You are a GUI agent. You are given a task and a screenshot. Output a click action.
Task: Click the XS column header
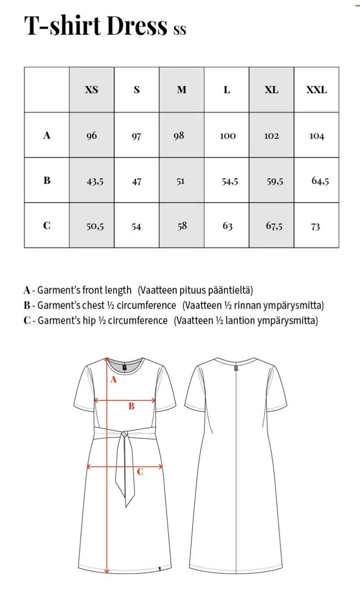coord(92,90)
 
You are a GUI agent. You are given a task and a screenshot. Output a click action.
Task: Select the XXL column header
coord(316,90)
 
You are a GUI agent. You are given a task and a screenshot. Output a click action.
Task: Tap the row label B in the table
coord(47,181)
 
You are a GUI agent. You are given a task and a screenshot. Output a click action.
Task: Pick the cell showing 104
coord(317,136)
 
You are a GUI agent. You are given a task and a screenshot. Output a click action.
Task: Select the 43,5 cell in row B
coord(95,182)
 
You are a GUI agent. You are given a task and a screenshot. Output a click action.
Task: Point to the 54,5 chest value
coord(230,182)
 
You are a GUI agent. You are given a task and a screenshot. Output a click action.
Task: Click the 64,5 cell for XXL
coord(320,181)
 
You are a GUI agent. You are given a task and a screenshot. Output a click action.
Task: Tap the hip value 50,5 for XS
coord(95,227)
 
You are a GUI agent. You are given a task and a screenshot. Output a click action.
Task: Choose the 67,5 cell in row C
coord(274,226)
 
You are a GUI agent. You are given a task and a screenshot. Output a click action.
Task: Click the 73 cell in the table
coord(315,227)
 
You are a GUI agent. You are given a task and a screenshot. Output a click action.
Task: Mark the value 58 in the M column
coord(182,226)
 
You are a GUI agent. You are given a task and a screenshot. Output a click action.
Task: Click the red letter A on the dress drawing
coord(113,380)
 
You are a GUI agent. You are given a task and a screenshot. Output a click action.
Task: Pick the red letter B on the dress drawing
coord(131,406)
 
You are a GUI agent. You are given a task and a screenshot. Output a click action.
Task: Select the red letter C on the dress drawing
coord(140,471)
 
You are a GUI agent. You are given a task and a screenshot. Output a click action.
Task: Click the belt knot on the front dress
coord(124,433)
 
